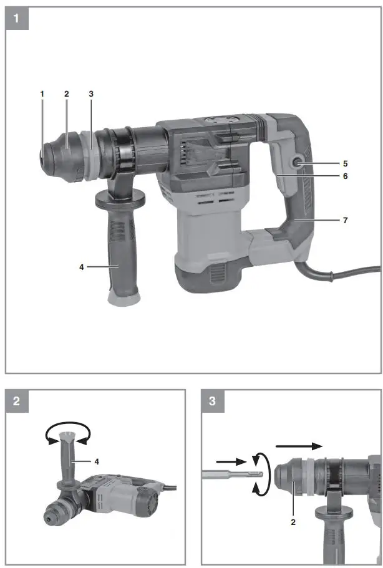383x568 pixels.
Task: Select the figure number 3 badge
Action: pos(213,402)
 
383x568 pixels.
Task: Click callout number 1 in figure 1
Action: pos(42,94)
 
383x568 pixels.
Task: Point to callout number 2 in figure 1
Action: pos(65,94)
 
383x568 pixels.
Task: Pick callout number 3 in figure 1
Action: pos(90,94)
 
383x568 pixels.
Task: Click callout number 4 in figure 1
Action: pos(81,266)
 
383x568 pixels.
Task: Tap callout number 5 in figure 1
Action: pos(362,164)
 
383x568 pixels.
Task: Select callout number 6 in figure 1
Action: pos(362,176)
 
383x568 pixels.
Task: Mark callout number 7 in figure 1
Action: pos(362,221)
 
